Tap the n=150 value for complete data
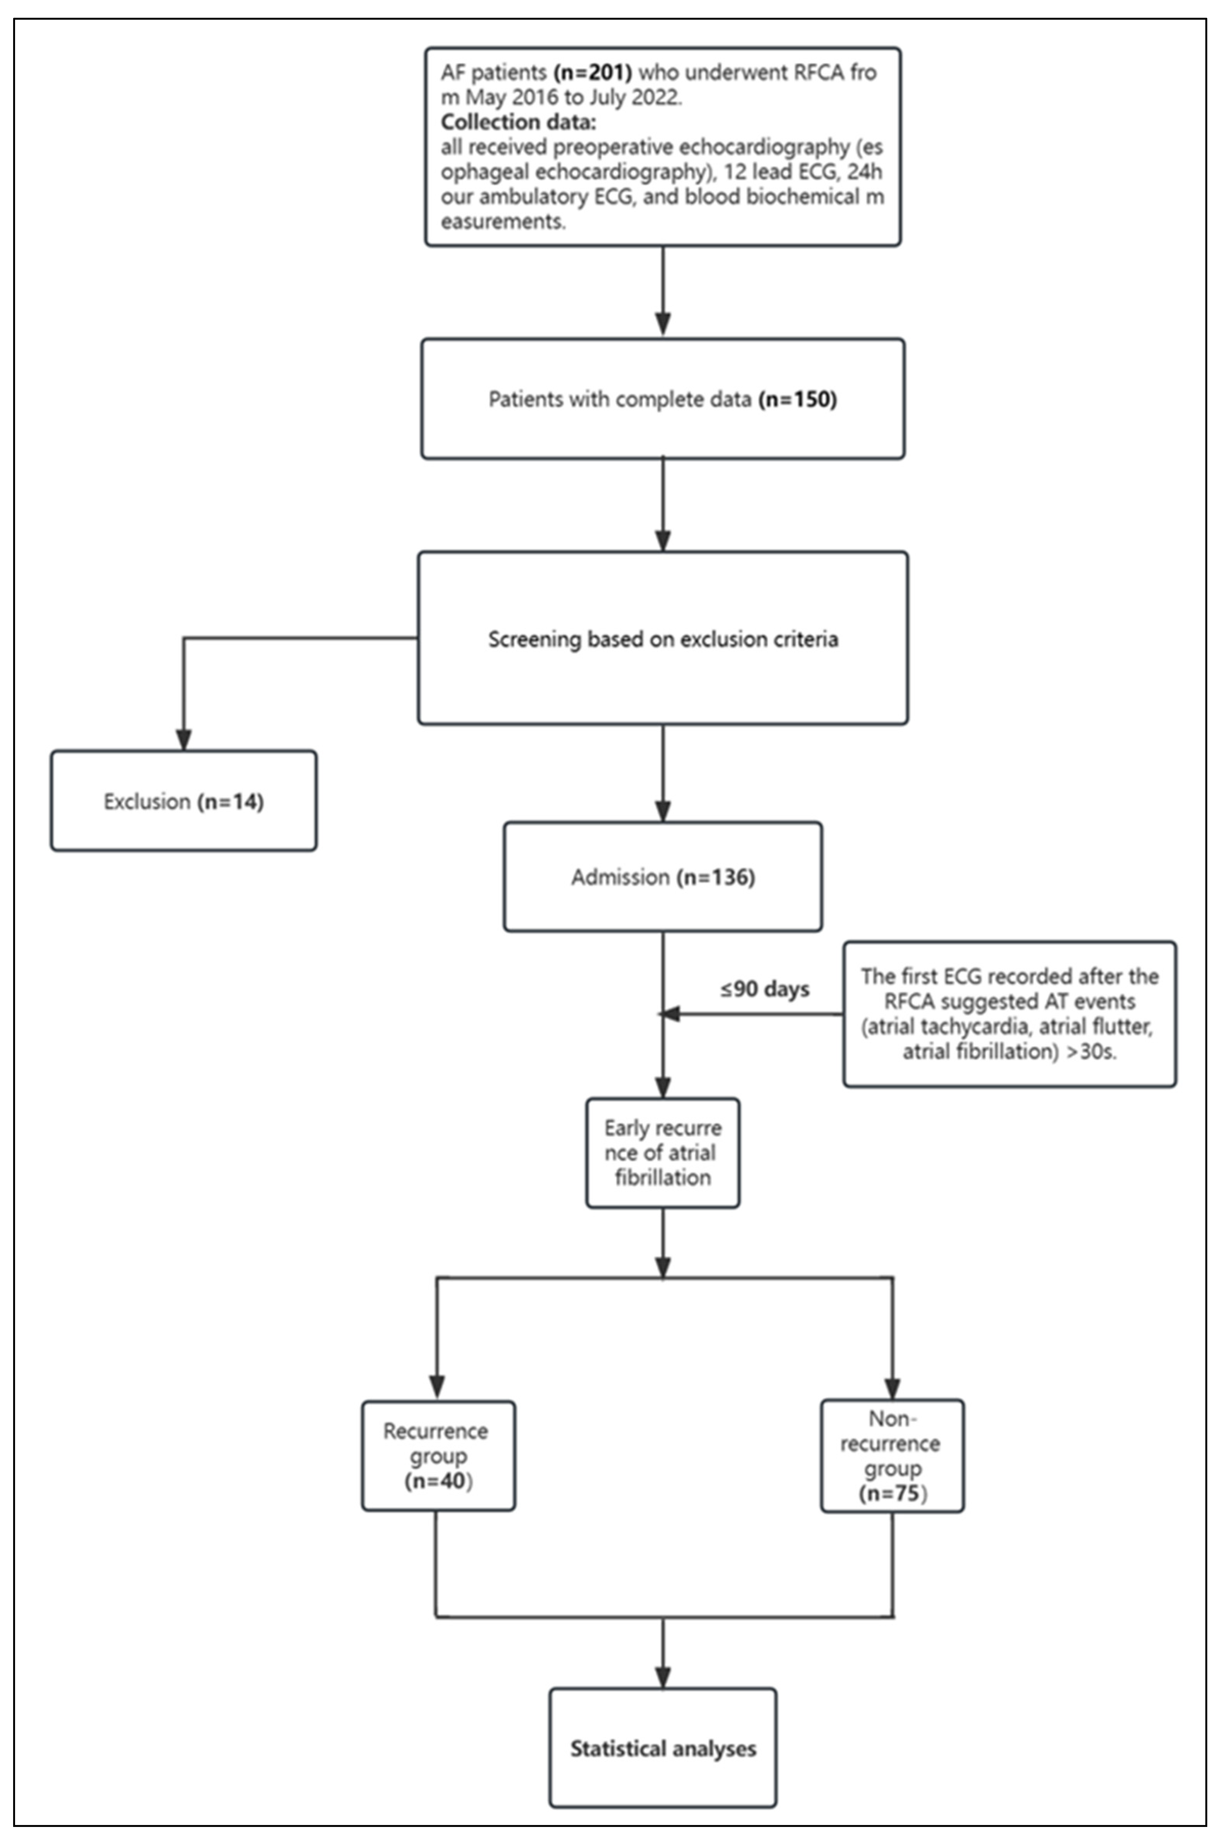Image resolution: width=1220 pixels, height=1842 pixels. (x=797, y=399)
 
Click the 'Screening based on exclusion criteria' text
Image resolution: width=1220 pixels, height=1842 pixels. (x=663, y=639)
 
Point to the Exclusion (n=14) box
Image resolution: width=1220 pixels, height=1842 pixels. (x=183, y=801)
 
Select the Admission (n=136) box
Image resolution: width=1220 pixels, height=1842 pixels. (x=663, y=877)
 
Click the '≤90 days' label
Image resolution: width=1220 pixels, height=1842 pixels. (x=764, y=989)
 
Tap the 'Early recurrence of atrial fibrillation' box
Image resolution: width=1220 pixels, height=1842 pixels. (x=663, y=1153)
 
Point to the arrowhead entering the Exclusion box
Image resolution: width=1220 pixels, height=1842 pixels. (x=183, y=740)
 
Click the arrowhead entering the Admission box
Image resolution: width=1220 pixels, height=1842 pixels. (x=663, y=811)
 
